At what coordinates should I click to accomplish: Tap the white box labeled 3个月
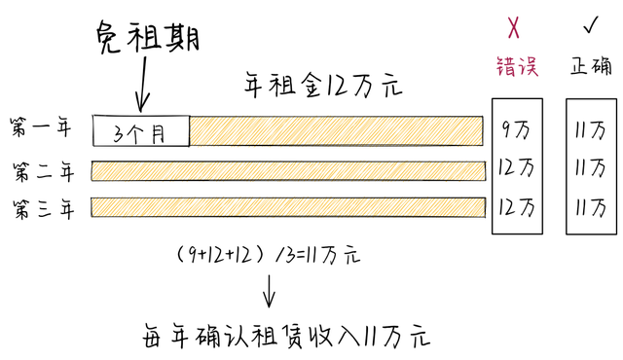(140, 130)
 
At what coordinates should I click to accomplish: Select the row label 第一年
(42, 127)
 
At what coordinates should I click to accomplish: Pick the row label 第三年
(42, 208)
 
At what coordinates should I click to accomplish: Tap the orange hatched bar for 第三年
(288, 207)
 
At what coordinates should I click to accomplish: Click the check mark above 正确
(590, 23)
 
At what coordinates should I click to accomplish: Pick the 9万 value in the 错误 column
(516, 127)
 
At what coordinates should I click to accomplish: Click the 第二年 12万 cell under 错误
(516, 166)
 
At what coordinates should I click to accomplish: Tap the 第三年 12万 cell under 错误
(516, 207)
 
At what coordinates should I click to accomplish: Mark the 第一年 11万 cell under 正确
(590, 127)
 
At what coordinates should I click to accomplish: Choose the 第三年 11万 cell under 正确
(590, 207)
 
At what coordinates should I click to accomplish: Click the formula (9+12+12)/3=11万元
(269, 255)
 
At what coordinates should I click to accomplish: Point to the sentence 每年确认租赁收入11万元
(282, 336)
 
